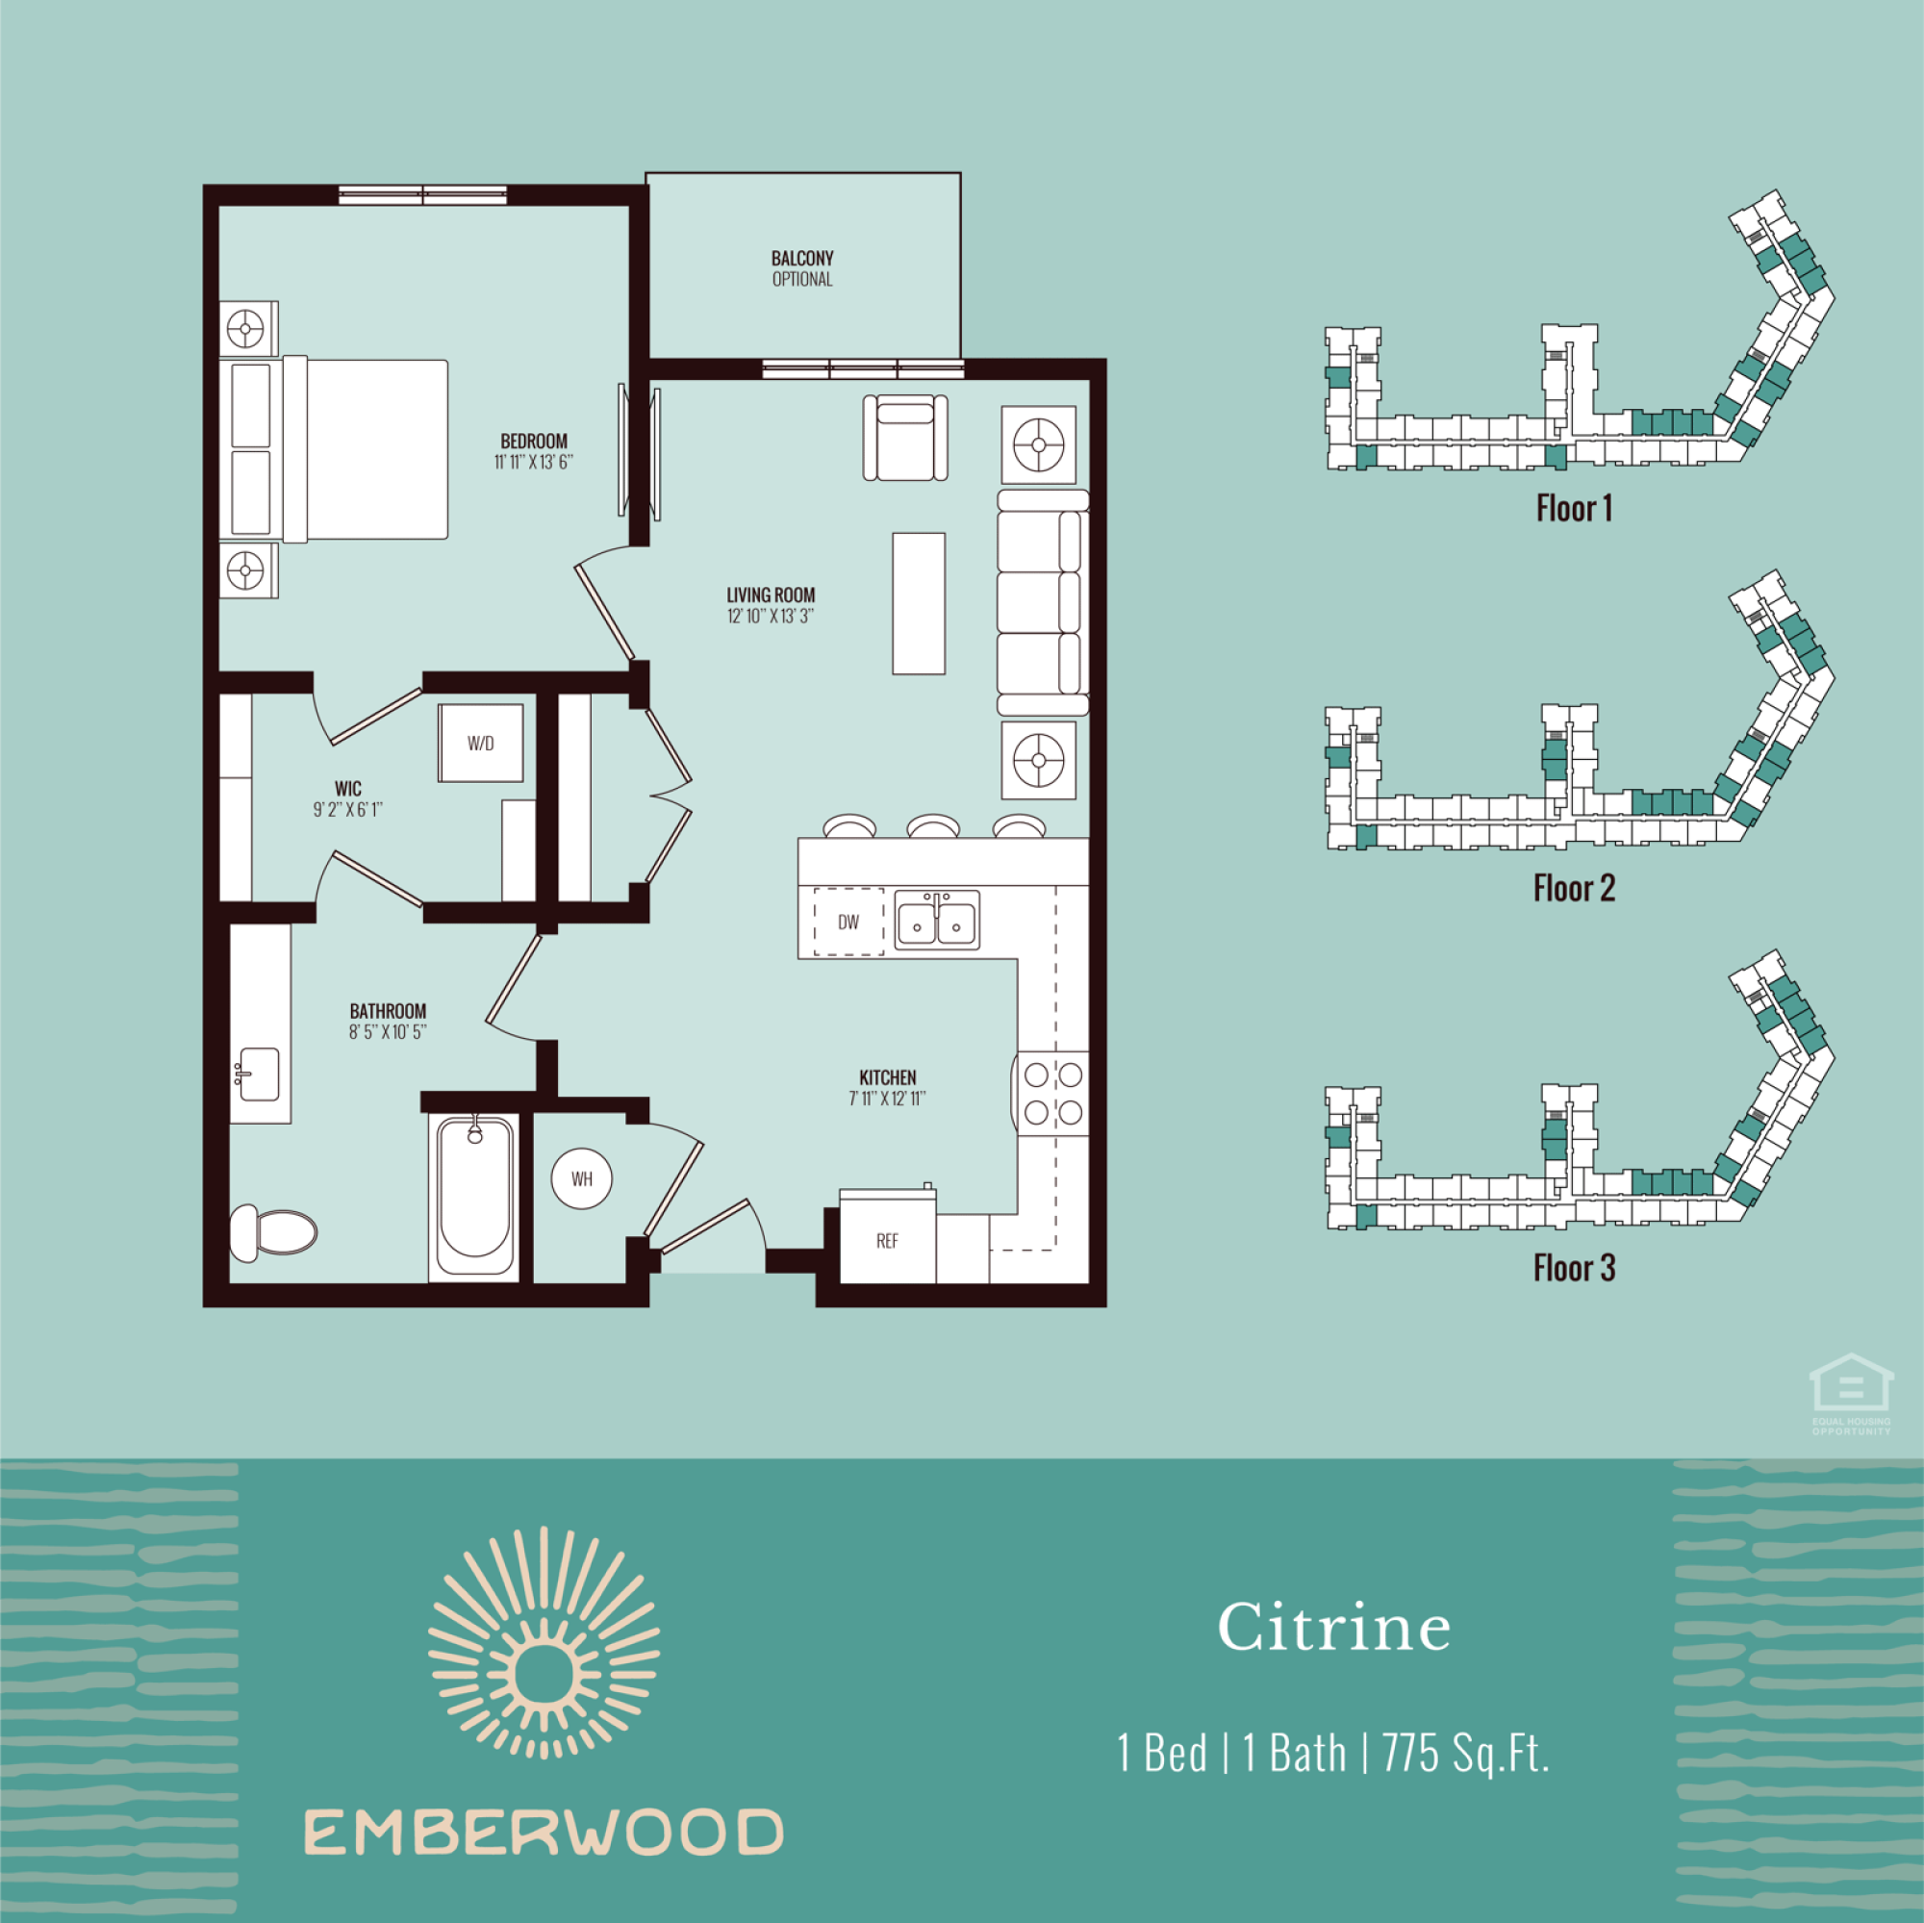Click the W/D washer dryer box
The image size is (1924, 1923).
[x=480, y=743]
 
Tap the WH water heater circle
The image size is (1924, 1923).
[x=582, y=1179]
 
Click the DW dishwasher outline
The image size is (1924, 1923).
[x=848, y=923]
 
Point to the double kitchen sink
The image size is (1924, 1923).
[x=936, y=921]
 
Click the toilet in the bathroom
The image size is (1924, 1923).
[x=273, y=1233]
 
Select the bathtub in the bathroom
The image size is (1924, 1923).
[x=474, y=1197]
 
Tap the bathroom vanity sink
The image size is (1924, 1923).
[x=258, y=1074]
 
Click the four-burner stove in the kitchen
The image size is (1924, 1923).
[x=1052, y=1094]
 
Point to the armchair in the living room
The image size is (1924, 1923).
[x=905, y=438]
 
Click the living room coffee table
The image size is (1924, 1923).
[x=918, y=603]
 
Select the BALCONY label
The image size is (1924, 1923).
[x=801, y=258]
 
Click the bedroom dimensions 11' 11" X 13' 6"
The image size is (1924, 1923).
[x=534, y=462]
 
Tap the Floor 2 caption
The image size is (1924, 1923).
[x=1575, y=888]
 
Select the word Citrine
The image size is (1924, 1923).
[x=1333, y=1627]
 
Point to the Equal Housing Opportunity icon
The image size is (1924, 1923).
[x=1851, y=1394]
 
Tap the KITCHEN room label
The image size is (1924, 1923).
[x=887, y=1077]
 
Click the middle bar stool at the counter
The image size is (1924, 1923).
[x=933, y=825]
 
